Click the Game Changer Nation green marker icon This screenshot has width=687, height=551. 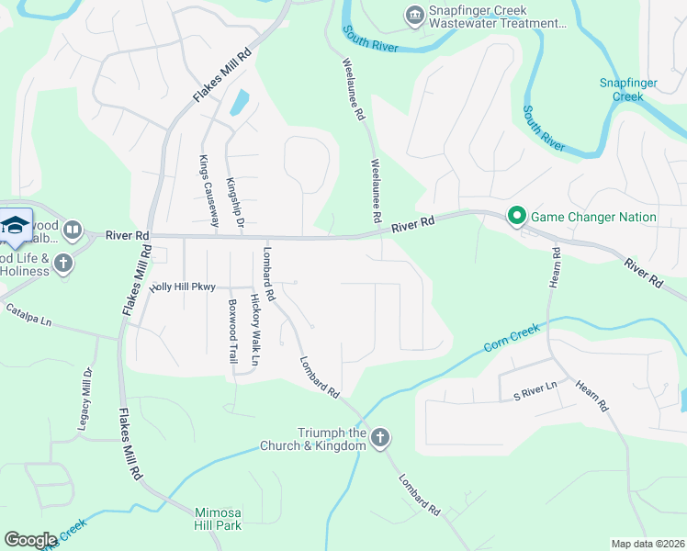516,217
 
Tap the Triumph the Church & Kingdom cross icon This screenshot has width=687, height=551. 382,435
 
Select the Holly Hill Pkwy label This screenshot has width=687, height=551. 183,287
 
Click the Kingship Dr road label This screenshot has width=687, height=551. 235,204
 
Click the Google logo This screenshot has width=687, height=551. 30,540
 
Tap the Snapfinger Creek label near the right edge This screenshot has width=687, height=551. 628,89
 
